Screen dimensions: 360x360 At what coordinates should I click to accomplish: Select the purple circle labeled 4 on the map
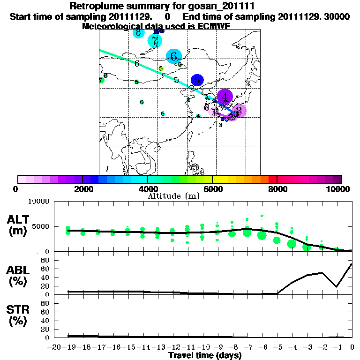coord(225,97)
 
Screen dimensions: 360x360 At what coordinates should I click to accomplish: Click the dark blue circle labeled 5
coord(198,81)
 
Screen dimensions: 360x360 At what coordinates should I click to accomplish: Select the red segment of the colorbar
coord(272,179)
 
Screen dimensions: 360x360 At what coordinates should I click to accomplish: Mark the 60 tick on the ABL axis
coord(45,269)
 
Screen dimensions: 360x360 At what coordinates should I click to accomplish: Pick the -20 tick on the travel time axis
coord(55,347)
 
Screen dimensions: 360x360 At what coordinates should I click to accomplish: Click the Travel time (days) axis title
coord(205,355)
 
